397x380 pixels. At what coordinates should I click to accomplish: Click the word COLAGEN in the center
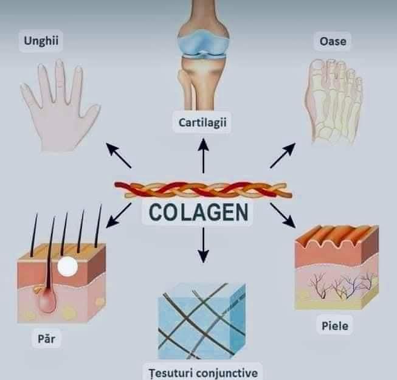point(198,212)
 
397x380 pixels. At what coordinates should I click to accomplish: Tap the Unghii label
point(41,41)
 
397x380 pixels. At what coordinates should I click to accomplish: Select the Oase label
point(333,41)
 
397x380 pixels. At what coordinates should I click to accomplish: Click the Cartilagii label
point(202,123)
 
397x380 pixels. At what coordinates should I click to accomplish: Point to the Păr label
point(46,339)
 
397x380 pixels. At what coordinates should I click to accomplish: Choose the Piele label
point(335,325)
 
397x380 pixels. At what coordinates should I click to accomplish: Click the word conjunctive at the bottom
point(227,373)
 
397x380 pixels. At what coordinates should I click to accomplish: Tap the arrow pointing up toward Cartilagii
point(203,156)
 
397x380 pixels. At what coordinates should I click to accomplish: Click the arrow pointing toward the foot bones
point(283,155)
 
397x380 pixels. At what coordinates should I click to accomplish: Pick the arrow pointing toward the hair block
point(118,215)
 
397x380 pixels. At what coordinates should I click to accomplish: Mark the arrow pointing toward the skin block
point(283,215)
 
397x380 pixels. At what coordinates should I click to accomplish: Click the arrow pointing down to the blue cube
point(203,245)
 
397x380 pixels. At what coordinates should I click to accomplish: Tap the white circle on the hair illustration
point(67,266)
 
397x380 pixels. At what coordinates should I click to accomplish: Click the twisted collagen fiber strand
point(203,189)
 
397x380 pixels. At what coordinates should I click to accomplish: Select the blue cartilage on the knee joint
point(202,43)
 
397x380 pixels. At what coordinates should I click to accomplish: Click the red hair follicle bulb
point(47,300)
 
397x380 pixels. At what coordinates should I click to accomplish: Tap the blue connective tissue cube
point(201,321)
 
